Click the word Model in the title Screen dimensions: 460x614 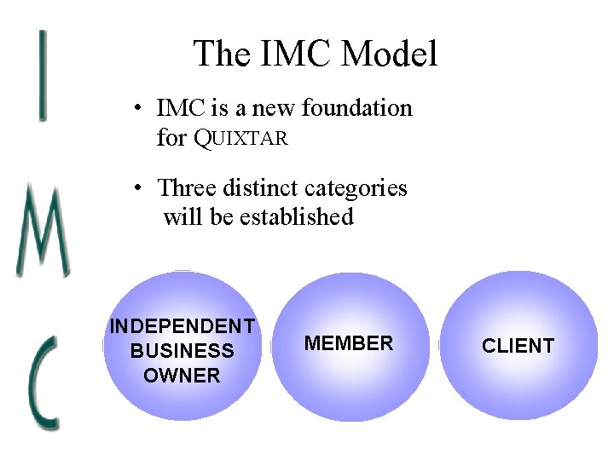coord(390,54)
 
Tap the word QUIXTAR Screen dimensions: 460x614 coord(241,137)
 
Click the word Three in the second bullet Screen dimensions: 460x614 coord(188,187)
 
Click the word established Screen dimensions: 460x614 coord(297,216)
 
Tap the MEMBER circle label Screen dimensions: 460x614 coord(349,343)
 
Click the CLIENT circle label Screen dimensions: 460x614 coord(518,345)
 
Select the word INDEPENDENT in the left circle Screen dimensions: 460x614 coord(182,326)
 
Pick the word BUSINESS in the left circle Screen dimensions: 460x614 coord(182,350)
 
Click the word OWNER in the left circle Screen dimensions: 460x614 coord(182,375)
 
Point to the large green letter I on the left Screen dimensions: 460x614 coord(42,74)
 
